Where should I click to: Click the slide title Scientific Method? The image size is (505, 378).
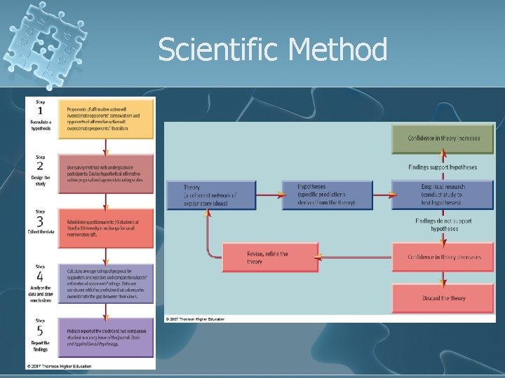click(272, 50)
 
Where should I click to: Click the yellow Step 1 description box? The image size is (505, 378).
click(109, 120)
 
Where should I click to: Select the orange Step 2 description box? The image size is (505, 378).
click(109, 173)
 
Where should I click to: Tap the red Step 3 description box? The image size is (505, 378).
click(109, 227)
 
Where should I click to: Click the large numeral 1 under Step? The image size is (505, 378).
click(40, 111)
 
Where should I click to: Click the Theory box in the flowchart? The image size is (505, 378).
click(211, 195)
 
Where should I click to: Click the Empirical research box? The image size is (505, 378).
click(443, 195)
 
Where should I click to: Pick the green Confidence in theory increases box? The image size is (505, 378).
click(443, 139)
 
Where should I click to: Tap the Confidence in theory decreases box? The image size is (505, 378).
click(443, 257)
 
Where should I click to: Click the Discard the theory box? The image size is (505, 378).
click(443, 298)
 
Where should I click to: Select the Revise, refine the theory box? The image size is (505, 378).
click(270, 258)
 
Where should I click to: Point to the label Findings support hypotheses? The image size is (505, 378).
click(443, 167)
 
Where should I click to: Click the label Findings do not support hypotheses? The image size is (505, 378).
click(443, 225)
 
